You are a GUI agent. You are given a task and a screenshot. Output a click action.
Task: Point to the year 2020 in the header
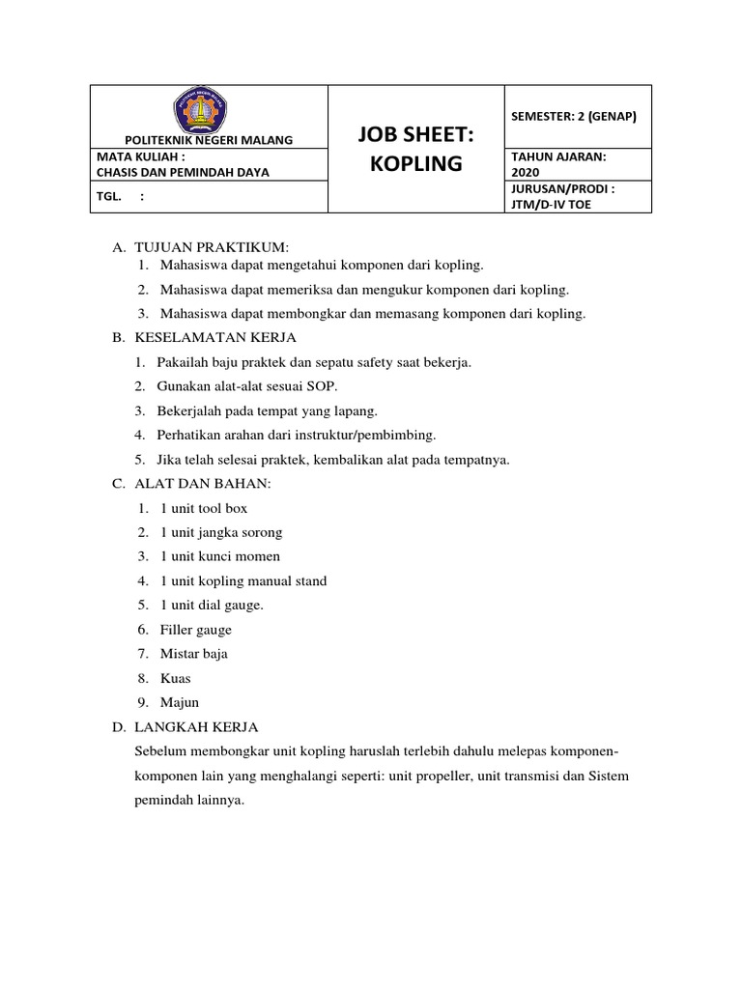tap(527, 172)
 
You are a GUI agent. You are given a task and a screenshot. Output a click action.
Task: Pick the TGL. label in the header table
tap(109, 196)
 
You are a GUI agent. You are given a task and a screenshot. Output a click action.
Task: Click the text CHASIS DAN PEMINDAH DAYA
tap(184, 172)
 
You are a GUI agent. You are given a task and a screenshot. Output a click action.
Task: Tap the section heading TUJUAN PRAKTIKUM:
tap(198, 249)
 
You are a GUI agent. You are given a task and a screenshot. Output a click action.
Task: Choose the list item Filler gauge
tap(196, 630)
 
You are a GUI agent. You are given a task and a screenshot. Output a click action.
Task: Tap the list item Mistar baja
tap(194, 654)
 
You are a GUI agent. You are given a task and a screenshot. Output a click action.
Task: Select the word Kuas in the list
tap(175, 678)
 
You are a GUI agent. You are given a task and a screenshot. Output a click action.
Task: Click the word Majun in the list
tap(180, 702)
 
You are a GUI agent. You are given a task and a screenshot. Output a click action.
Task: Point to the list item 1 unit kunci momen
tap(220, 556)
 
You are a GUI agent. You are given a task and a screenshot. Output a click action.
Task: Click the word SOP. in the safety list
tap(317, 386)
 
